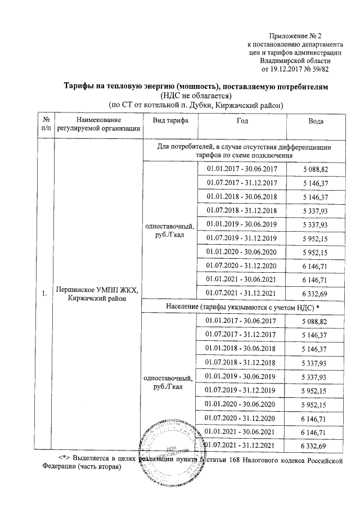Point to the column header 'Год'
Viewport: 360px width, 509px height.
click(242, 121)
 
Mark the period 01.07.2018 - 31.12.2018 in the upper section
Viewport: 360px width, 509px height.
click(242, 210)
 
